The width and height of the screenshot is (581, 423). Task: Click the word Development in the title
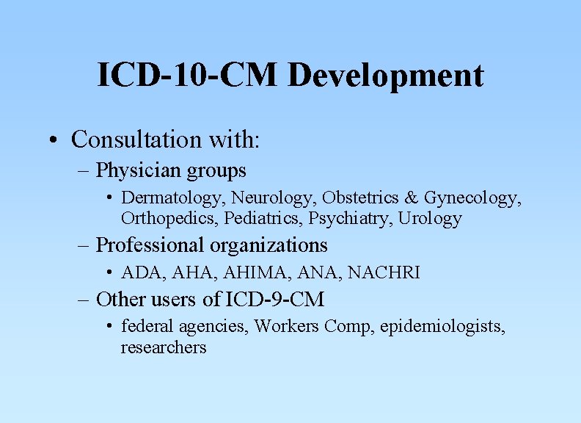click(x=386, y=75)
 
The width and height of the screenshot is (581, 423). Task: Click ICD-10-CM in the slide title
click(x=189, y=75)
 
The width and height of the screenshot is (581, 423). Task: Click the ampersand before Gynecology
click(x=411, y=198)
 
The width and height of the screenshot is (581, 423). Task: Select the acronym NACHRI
click(x=384, y=272)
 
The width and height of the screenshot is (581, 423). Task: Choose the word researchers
click(x=164, y=347)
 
